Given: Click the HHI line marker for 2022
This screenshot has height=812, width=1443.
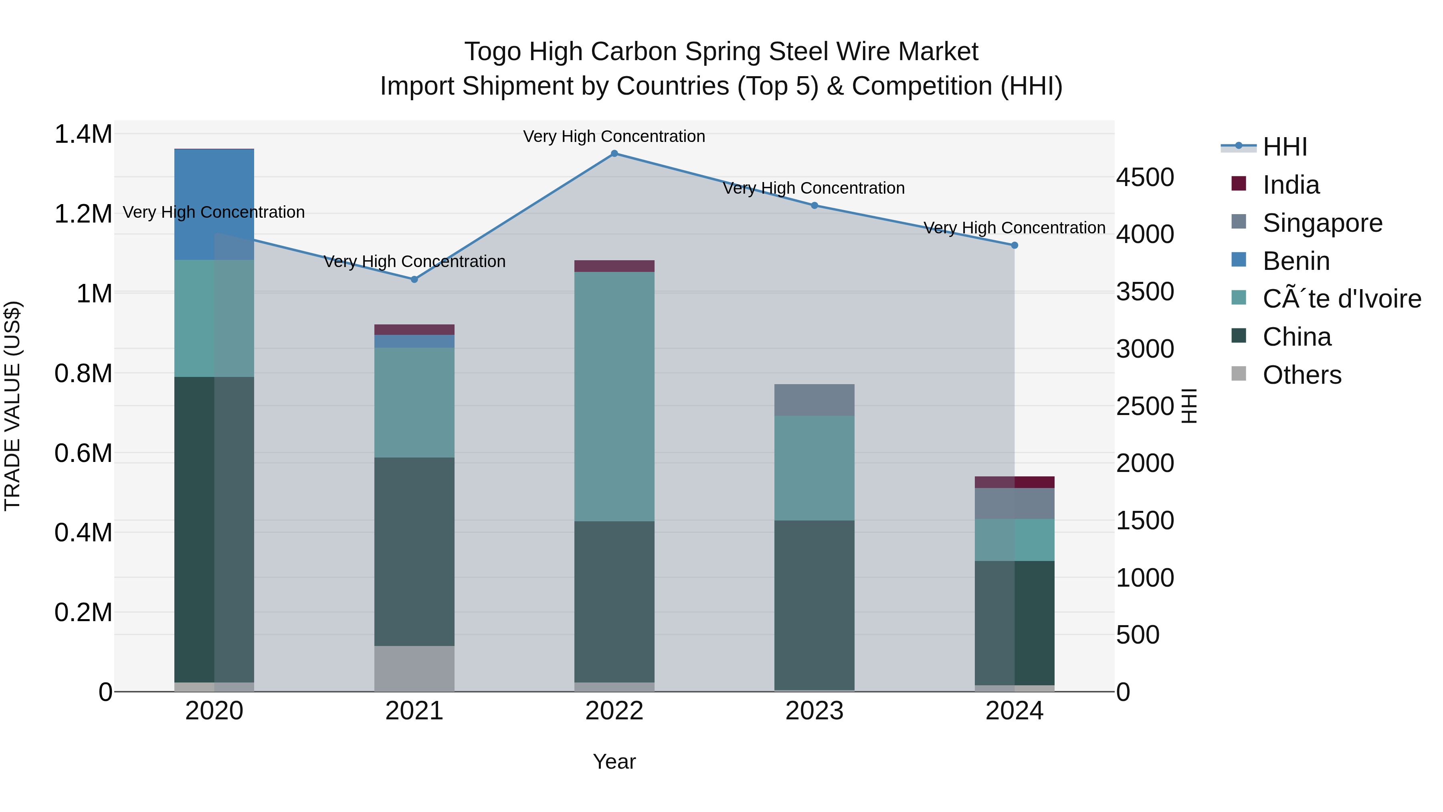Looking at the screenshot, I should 614,154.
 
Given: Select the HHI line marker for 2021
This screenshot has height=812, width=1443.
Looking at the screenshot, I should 414,279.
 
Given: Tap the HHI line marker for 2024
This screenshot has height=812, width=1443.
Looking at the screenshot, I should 1014,245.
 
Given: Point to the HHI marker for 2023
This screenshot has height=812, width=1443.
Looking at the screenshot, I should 814,206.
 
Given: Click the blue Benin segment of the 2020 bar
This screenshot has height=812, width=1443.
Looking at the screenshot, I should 214,204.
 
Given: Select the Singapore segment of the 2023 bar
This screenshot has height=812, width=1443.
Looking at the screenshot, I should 814,400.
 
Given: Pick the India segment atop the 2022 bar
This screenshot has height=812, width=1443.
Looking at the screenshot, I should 614,266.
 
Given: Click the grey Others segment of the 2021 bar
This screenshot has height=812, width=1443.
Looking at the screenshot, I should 414,668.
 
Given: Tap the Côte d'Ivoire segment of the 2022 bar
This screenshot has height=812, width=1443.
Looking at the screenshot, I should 614,396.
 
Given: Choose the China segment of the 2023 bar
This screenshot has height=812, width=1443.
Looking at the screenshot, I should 814,605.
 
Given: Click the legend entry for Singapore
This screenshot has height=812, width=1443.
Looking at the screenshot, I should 1322,223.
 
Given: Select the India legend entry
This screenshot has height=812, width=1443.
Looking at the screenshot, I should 1291,185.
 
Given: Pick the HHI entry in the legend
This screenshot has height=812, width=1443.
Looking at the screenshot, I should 1285,147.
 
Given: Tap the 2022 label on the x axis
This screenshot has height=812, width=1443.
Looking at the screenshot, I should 614,711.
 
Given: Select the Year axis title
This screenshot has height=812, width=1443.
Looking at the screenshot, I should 614,761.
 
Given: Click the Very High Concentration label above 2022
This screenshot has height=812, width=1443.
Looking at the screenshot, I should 614,136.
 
